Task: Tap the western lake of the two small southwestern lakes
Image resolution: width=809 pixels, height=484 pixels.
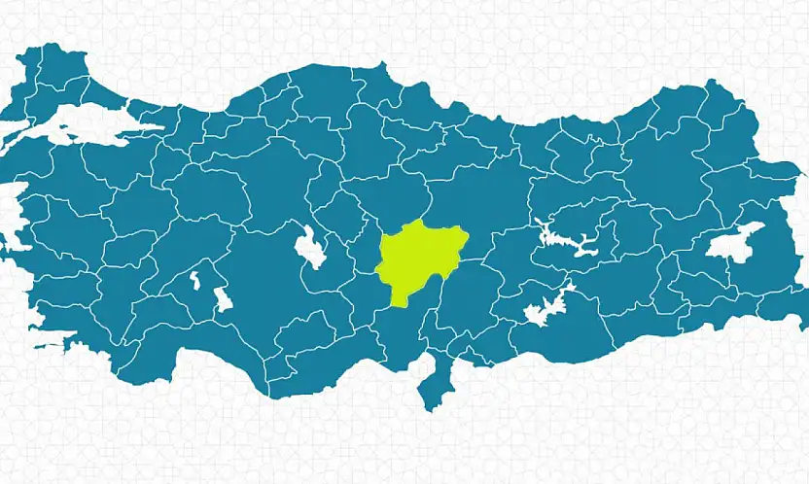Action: tap(194, 281)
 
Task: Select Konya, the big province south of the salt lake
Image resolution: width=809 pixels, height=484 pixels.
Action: tap(292, 301)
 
